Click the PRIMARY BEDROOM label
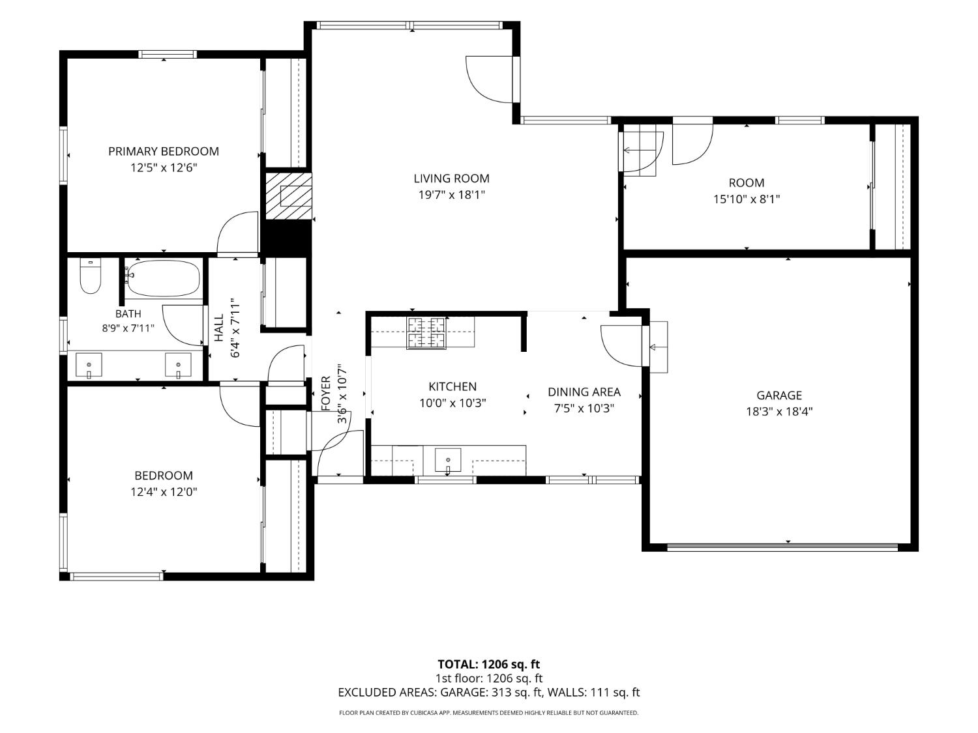[x=164, y=151]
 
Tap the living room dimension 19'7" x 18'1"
[x=451, y=195]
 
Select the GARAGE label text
[x=779, y=395]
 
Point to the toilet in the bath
[x=91, y=276]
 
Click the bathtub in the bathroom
[x=162, y=278]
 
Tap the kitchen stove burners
[x=426, y=334]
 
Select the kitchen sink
[x=448, y=460]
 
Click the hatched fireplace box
[x=289, y=196]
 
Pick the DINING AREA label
[x=584, y=392]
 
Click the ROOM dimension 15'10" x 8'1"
[x=747, y=199]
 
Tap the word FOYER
[x=326, y=394]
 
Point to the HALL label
[x=219, y=328]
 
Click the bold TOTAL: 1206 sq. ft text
[x=488, y=665]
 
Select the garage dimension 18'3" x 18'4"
[x=779, y=412]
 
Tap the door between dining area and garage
[x=621, y=346]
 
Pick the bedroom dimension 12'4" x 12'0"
[x=164, y=492]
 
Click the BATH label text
[x=128, y=314]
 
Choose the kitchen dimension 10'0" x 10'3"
[x=452, y=403]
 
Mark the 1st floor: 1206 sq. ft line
[x=489, y=678]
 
